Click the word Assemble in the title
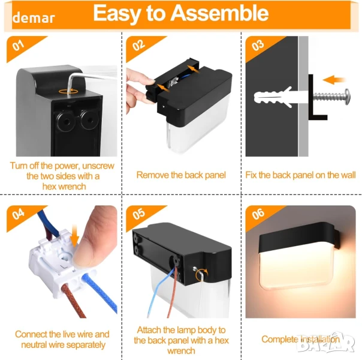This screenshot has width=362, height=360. pos(219,13)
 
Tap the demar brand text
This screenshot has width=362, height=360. pos(34,18)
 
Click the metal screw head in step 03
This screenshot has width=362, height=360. pos(347,97)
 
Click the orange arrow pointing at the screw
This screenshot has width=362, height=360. pos(333,80)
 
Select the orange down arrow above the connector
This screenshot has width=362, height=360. pos(74,235)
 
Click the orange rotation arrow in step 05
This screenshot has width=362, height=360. pos(201,275)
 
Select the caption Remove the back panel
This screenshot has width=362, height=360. pos(181,175)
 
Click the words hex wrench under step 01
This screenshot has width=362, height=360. pos(64,187)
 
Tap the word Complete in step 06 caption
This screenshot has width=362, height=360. pos(280,340)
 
